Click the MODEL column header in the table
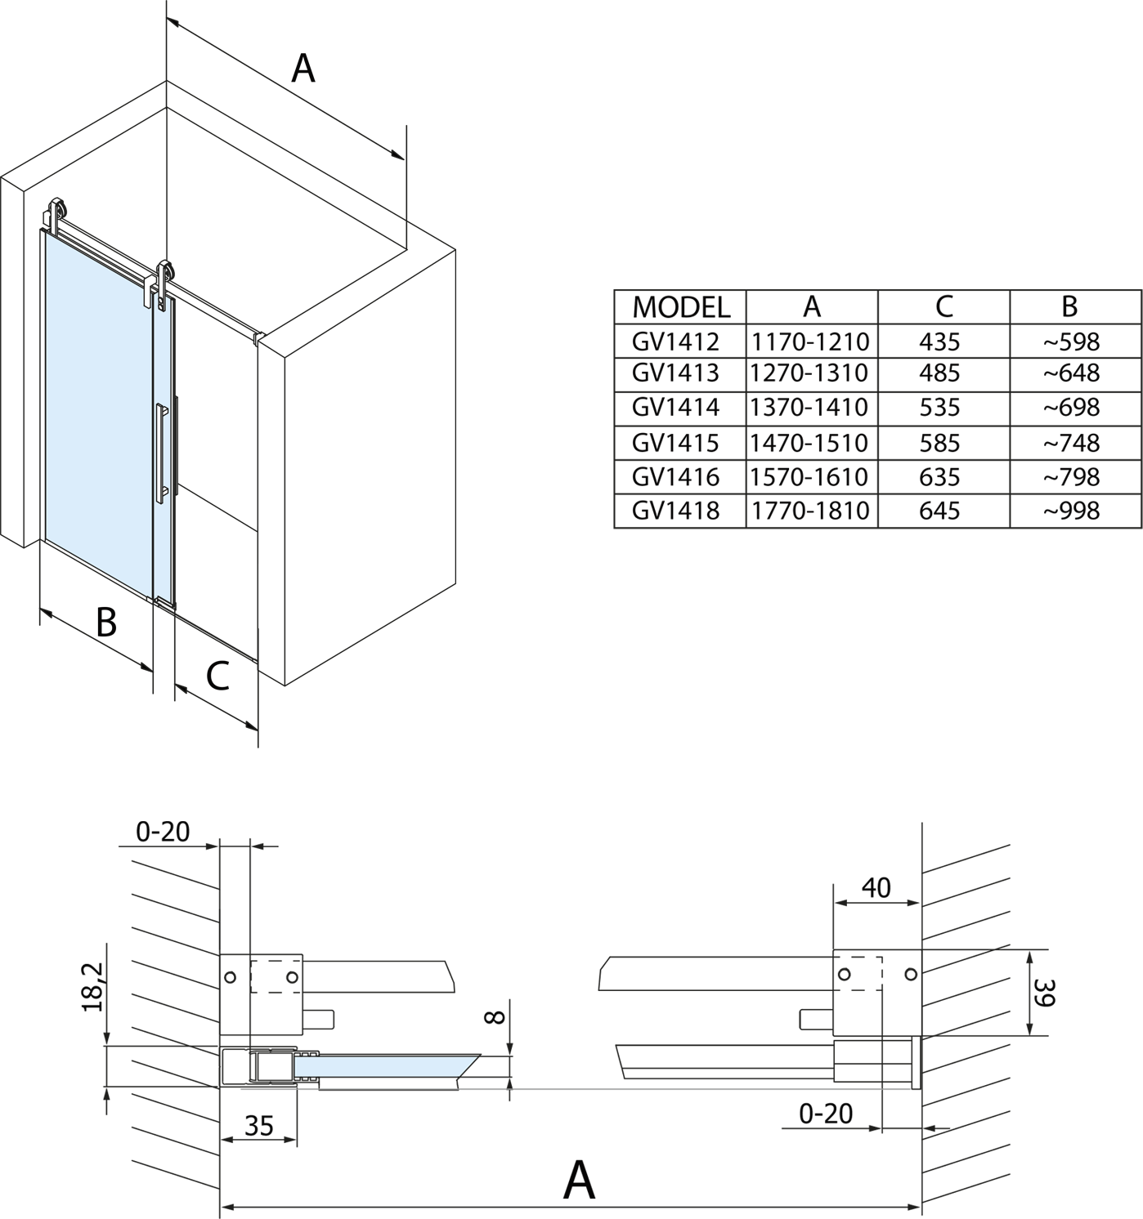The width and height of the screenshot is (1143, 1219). [680, 306]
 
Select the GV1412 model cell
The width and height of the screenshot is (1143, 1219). [675, 341]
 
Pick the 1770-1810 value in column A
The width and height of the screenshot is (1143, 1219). [809, 511]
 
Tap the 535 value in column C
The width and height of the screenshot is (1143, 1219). [939, 407]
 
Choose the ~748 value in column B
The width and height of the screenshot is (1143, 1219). [1071, 443]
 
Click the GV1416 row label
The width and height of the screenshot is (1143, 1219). [675, 476]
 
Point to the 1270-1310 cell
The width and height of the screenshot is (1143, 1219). [809, 373]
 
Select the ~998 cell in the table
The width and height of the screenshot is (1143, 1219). [1071, 511]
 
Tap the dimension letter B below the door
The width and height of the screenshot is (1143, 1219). [106, 623]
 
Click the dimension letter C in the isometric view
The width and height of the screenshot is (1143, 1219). [217, 676]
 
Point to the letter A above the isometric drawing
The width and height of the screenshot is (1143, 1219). [303, 68]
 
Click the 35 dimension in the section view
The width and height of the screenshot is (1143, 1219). [258, 1126]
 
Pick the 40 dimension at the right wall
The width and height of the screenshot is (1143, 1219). [876, 887]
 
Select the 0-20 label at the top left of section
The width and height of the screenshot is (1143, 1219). [163, 832]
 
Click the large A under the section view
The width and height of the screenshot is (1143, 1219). [579, 1179]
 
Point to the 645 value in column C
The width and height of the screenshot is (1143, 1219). [939, 511]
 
